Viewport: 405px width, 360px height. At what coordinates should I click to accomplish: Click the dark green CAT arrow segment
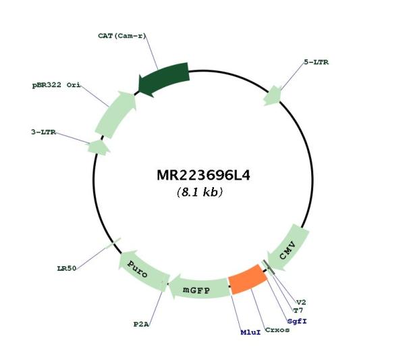165,78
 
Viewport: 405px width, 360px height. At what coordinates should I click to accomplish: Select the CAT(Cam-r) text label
122,36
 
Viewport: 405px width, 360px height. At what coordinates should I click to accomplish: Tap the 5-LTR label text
316,62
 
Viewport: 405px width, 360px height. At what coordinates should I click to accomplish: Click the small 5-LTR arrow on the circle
273,96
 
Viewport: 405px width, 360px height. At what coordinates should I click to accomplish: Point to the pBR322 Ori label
56,85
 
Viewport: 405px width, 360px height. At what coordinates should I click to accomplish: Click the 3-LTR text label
43,132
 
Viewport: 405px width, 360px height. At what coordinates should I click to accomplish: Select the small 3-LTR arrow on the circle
98,148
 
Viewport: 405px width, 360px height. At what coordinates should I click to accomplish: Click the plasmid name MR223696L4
203,175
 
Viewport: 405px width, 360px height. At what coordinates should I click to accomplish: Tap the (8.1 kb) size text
200,192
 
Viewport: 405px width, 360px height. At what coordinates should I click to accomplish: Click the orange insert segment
248,280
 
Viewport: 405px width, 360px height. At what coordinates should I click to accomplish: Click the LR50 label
67,269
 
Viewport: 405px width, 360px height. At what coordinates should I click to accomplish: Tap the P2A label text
141,324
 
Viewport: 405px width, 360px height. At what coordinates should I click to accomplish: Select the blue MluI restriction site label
250,332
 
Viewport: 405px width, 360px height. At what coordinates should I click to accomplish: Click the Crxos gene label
277,330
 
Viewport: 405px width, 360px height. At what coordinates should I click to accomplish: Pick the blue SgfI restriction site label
297,322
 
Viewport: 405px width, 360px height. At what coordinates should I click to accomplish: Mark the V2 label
301,302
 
